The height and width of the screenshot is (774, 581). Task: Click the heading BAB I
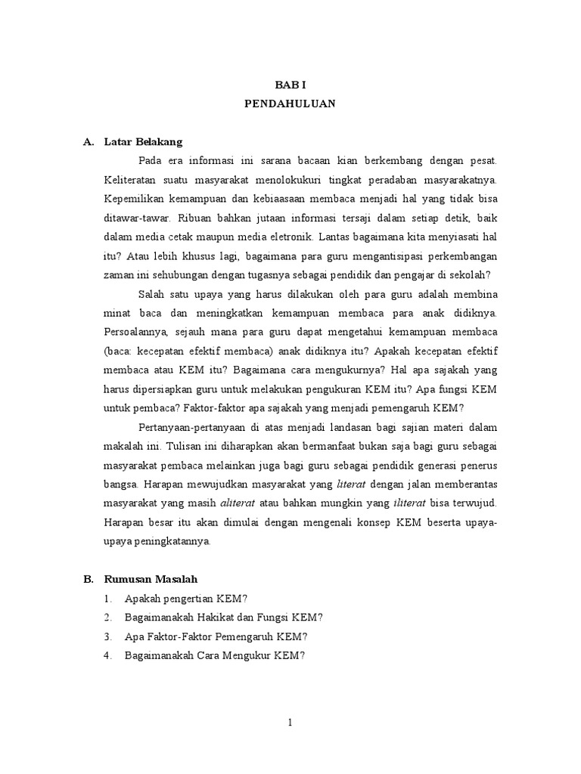(x=290, y=85)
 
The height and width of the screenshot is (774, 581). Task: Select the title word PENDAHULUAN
(x=290, y=104)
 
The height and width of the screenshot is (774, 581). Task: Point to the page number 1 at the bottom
(x=290, y=723)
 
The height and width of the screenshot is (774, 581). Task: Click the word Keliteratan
(x=130, y=181)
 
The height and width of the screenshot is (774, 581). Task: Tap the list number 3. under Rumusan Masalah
(x=108, y=636)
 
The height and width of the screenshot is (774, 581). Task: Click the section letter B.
(x=88, y=579)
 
